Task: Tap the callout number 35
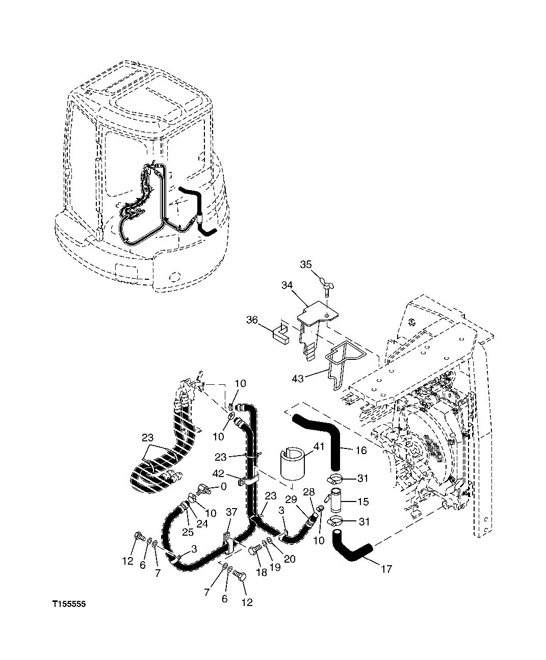pyautogui.click(x=305, y=265)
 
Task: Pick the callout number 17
pyautogui.click(x=386, y=569)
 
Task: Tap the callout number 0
pyautogui.click(x=223, y=487)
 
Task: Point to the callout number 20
pyautogui.click(x=290, y=559)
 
